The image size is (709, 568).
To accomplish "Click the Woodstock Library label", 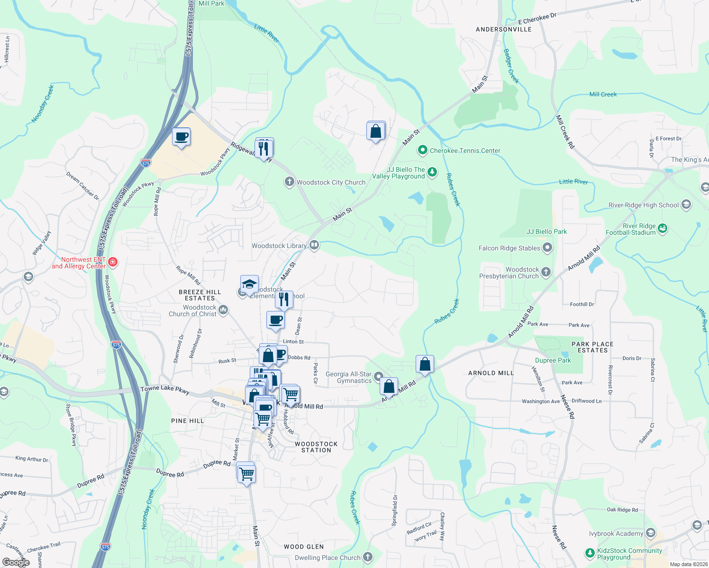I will coord(279,246).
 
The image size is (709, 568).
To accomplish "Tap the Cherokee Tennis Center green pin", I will coord(422,151).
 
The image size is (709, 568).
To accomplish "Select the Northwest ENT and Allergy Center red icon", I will coord(113,262).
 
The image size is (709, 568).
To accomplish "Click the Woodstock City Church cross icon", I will coord(289,182).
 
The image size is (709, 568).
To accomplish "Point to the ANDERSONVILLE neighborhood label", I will coord(503,29).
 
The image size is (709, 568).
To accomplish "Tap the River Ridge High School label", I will coord(644,205).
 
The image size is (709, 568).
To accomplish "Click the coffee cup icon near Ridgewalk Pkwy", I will coord(182,137).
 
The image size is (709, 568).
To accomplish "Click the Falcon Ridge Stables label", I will coord(509,248).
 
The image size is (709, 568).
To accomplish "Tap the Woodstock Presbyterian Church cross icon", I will coord(546,272).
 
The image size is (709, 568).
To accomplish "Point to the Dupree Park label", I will coord(553,360).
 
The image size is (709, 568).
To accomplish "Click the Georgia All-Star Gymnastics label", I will coord(348,377).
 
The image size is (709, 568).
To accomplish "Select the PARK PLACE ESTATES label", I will coord(592,347).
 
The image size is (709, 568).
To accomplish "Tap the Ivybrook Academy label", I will coord(616,533).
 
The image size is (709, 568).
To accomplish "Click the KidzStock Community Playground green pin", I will coord(590,553).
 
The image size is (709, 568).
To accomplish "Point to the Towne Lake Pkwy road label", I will coord(165,390).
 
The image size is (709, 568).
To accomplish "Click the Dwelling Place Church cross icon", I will coord(368,557).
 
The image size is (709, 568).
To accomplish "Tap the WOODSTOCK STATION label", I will coord(316,447).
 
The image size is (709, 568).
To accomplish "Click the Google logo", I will coord(16,562).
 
